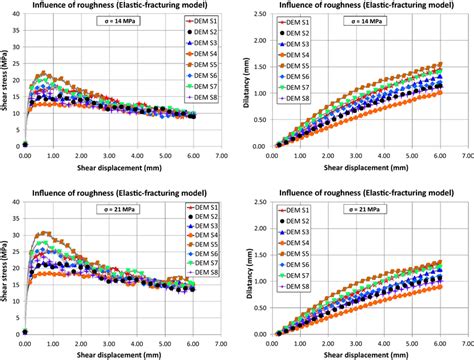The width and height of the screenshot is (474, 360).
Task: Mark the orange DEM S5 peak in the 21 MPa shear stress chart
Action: coord(42,233)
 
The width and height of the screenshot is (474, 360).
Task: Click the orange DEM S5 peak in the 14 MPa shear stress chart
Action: coord(42,73)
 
